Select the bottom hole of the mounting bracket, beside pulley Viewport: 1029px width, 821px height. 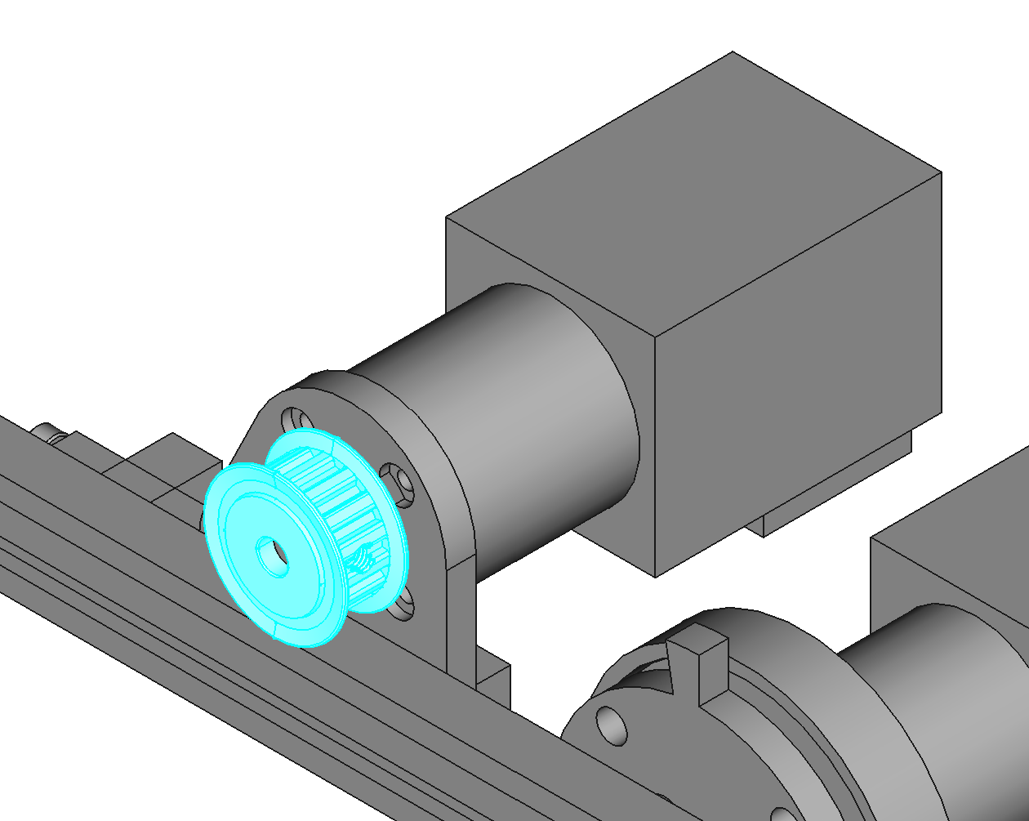click(401, 605)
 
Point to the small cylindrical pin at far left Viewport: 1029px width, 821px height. click(49, 432)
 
